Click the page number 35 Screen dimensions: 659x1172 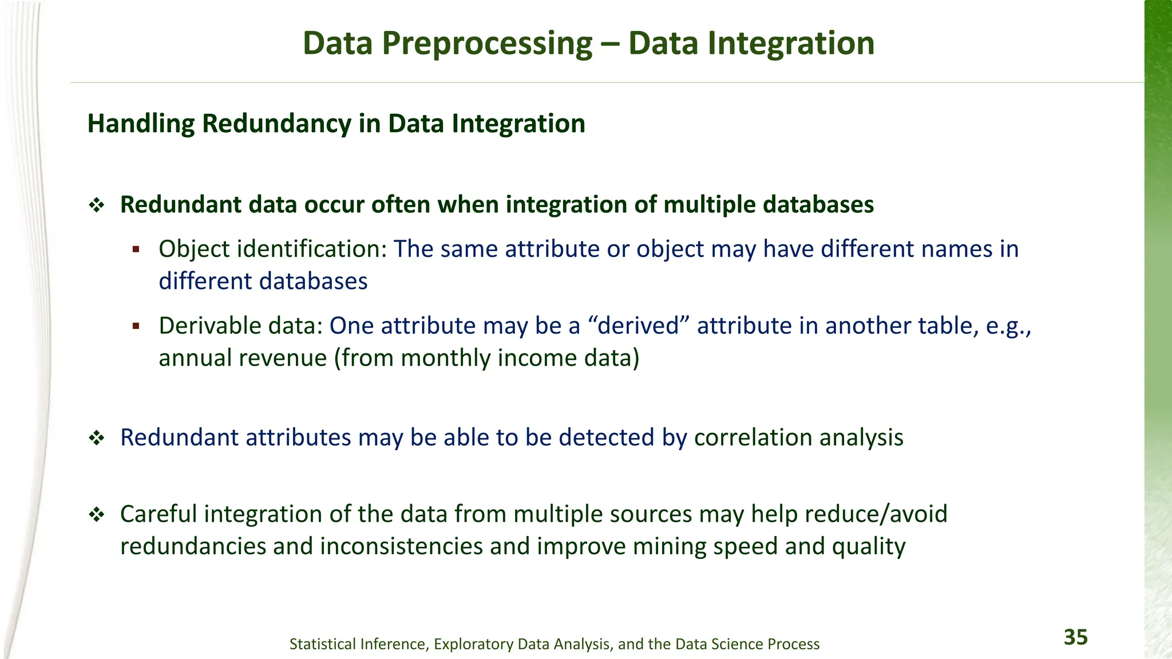[1075, 637]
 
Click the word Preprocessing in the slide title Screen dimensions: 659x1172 [487, 43]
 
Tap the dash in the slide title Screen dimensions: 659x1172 [610, 45]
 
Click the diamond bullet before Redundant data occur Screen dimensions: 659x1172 [97, 205]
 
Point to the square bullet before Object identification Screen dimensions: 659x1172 [136, 249]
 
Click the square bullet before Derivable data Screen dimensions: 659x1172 [136, 326]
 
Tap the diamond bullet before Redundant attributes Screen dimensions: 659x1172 [97, 439]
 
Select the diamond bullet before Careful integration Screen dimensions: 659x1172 [97, 515]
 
